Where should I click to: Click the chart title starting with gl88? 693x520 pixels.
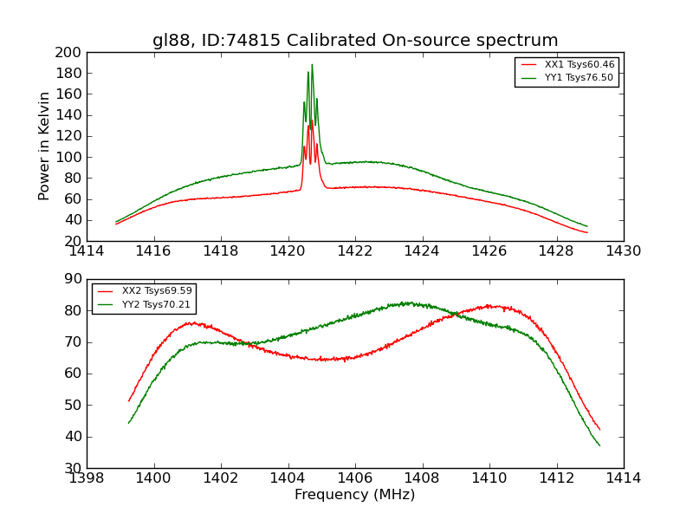(355, 41)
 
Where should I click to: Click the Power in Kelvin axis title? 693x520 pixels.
(44, 146)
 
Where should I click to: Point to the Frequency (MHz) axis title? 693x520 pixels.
(355, 495)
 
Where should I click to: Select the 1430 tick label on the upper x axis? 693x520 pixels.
(623, 251)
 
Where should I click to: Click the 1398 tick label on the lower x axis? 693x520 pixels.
(87, 478)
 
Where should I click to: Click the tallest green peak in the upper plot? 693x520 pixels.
(312, 64)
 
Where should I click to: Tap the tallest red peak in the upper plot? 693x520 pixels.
(311, 120)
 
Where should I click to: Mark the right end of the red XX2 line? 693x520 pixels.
(599, 429)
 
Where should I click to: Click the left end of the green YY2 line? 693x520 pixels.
(128, 423)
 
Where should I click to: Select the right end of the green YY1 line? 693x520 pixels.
(587, 226)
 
